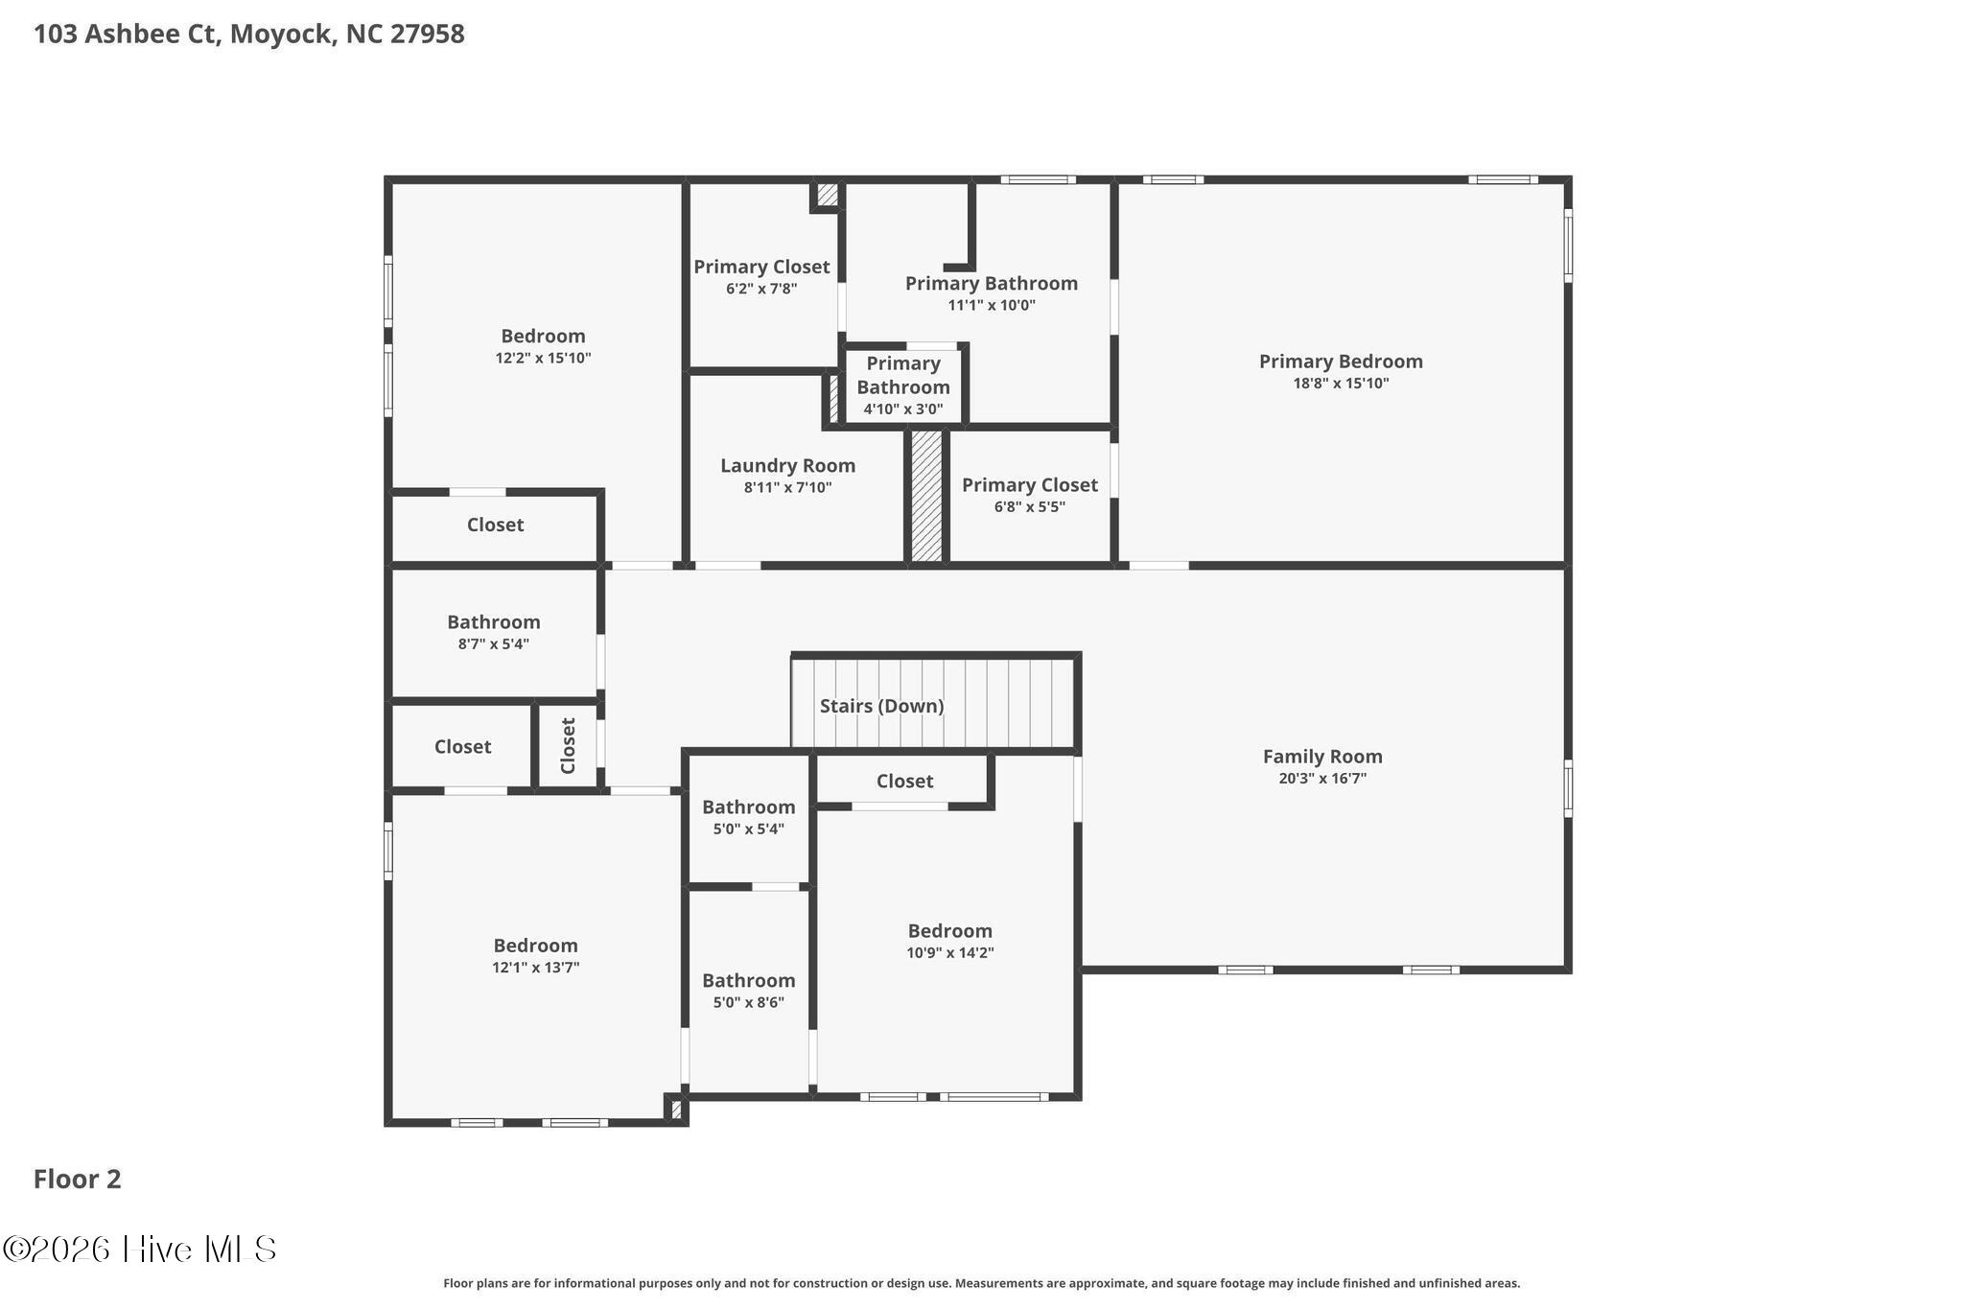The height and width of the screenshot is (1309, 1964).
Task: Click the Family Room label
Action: pos(1321,757)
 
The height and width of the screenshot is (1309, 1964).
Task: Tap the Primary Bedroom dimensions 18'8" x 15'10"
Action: pos(1341,384)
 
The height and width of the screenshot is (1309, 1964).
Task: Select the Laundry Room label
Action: pos(787,466)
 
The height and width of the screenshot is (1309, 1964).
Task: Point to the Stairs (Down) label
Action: pos(881,706)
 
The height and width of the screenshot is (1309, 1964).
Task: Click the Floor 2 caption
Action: pos(78,1179)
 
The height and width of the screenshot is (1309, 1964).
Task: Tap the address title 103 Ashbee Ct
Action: pos(248,35)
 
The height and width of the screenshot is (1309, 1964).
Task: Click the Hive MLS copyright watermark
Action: pos(140,1249)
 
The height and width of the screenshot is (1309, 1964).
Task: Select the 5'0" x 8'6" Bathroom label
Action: pos(748,981)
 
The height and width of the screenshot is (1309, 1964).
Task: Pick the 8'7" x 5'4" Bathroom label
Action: pos(493,622)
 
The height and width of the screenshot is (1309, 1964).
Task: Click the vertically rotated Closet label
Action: pos(568,745)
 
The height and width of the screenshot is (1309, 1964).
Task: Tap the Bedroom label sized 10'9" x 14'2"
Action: pos(949,931)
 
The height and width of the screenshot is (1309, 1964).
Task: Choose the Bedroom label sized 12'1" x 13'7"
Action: pos(535,947)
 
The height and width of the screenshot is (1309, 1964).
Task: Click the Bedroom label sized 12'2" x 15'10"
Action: pos(543,337)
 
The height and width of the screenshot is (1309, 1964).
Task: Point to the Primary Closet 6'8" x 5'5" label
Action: pos(1029,485)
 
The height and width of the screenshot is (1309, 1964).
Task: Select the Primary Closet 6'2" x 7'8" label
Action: pos(761,268)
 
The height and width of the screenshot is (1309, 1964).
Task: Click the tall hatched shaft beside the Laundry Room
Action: pos(926,495)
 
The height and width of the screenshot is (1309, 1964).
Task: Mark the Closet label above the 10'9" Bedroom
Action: pos(904,781)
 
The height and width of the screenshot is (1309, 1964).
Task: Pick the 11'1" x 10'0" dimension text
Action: pos(992,306)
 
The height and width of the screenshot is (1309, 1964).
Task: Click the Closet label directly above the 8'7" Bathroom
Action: pos(495,525)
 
